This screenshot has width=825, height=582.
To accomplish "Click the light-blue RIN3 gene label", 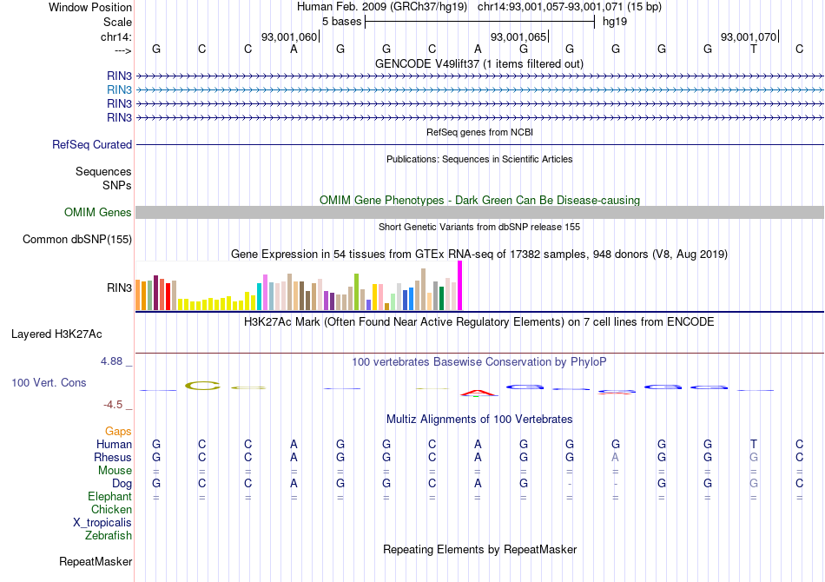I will (120, 89).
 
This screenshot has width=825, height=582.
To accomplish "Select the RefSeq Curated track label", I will (92, 145).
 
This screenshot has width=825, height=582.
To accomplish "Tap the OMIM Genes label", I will (98, 213).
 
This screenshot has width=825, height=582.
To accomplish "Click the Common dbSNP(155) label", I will (77, 240).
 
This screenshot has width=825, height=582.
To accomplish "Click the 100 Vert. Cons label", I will (49, 383).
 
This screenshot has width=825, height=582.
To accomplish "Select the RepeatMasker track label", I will (96, 562).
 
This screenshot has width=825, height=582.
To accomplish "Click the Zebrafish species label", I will (109, 536).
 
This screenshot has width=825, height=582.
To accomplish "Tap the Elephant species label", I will (110, 497).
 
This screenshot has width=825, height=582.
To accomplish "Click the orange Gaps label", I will (118, 431).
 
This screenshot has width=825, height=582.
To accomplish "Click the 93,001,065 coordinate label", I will (518, 37).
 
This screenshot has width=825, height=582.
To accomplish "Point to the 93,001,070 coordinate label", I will (749, 37).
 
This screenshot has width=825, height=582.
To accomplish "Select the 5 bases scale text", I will (340, 21).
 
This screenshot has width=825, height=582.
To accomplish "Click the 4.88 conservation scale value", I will (115, 361).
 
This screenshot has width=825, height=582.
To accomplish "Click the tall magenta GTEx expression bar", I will (460, 285).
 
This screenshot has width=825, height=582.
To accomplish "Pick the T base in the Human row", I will (754, 444).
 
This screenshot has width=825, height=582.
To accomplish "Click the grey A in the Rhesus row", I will (615, 458).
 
